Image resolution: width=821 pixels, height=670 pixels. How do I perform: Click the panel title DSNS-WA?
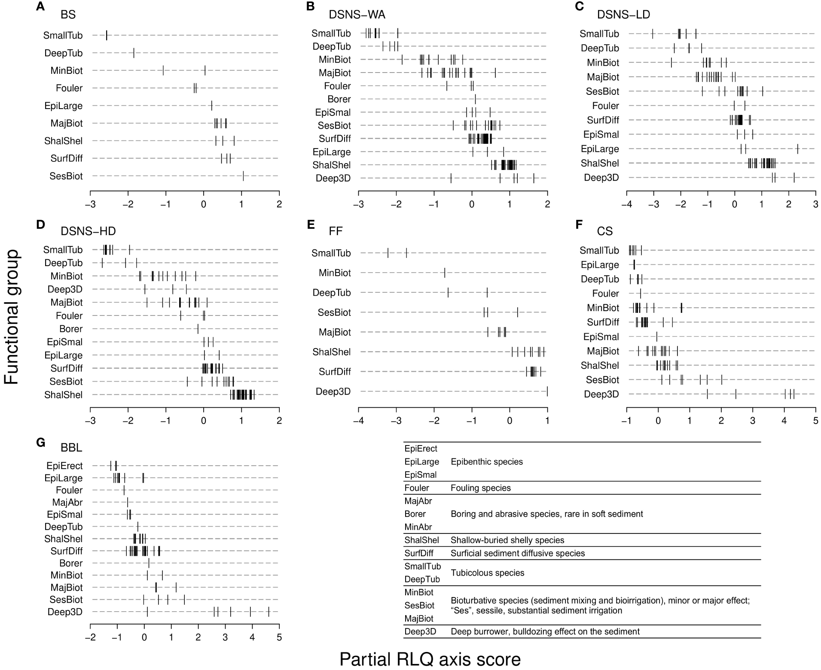coord(357,15)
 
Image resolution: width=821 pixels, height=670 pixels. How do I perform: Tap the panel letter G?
coord(40,443)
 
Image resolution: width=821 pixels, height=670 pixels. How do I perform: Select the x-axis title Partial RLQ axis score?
coord(430,659)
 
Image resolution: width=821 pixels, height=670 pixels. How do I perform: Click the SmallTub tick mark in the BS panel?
coord(107,36)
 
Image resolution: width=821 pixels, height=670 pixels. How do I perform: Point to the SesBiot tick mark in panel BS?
coord(243,176)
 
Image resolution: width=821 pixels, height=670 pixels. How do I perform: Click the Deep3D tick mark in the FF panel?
coord(547,391)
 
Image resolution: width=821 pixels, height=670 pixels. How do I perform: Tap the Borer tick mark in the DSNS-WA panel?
coord(475,99)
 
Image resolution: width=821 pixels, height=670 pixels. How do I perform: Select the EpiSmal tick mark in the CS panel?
coord(656,337)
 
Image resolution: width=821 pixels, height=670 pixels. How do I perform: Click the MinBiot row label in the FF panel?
coord(335,273)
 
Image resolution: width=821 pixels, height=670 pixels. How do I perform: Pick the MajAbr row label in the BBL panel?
coord(67,502)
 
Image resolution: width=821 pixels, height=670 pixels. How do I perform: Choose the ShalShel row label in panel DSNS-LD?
coord(600,163)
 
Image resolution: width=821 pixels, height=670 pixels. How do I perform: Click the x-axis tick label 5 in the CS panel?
coord(815,420)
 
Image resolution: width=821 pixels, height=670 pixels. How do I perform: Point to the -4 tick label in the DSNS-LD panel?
coord(627,204)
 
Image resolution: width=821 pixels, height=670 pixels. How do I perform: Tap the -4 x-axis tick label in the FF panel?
coord(358,420)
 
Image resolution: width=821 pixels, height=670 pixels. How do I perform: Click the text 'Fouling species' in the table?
coord(480,488)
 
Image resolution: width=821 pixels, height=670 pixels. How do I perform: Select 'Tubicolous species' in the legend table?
coord(487,573)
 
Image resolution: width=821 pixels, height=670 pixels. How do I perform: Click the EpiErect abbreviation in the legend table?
coord(421,449)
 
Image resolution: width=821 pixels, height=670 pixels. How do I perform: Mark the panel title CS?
coord(604,231)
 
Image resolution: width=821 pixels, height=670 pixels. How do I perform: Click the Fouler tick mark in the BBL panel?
coord(124,490)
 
